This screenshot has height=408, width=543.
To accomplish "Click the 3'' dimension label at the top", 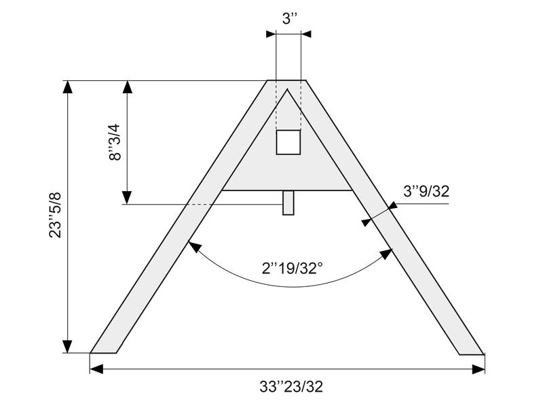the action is coord(290,18).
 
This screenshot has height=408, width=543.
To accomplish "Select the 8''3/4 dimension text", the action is coord(115,142).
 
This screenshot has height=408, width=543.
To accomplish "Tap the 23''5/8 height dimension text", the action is coord(56,215).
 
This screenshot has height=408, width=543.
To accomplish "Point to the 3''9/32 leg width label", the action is coord(426,191).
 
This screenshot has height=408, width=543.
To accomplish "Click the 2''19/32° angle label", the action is coord(293,268).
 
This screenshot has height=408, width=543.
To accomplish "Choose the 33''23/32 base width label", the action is coord(291,386).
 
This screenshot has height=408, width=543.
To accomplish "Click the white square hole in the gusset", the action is coord(288,142).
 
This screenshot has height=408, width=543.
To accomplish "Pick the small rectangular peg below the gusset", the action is coord(288,203).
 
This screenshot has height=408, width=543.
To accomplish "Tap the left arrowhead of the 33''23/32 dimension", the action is coord(96,369).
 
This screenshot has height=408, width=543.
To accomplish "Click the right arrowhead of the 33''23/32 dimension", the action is coord(479,369).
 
